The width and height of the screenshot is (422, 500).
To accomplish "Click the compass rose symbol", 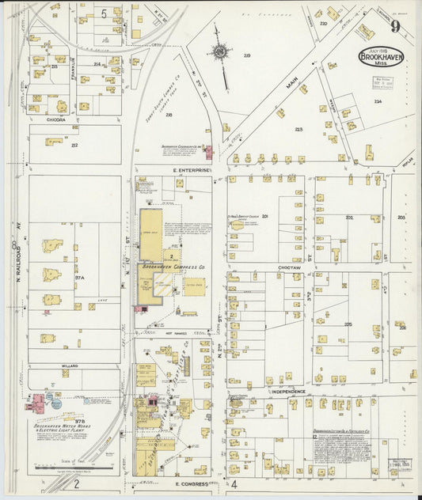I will [220, 53].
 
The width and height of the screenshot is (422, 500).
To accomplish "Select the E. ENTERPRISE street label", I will [194, 170].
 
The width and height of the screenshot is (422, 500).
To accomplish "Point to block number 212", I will [75, 146].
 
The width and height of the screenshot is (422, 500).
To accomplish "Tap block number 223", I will [298, 129].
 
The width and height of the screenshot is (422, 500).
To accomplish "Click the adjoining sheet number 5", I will [104, 13].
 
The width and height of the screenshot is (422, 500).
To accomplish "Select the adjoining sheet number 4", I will [234, 483].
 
